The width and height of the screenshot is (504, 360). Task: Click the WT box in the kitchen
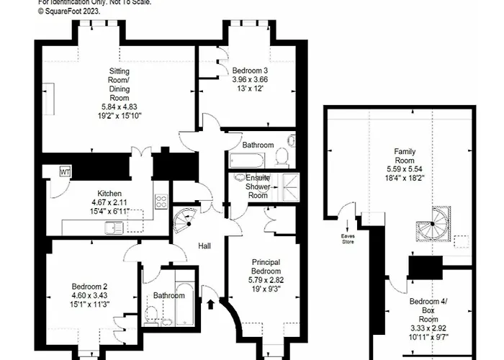coord(65,172)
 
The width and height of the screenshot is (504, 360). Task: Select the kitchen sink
coord(114,228)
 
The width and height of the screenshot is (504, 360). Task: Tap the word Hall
coord(205,246)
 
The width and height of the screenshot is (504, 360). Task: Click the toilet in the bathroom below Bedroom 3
coord(283,157)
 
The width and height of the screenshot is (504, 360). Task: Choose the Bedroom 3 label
coord(249,71)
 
